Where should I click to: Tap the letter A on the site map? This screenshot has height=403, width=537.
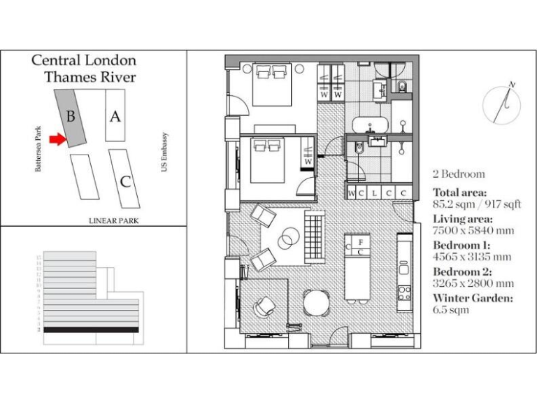(115, 117)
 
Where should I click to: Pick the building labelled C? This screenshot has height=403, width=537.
(125, 181)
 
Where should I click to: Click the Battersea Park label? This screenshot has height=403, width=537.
(39, 149)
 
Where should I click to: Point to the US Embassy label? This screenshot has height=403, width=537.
(165, 154)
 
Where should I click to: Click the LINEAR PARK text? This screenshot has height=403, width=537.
(114, 220)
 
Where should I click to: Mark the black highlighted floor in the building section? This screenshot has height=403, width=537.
(91, 329)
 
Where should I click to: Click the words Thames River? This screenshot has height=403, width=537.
(91, 77)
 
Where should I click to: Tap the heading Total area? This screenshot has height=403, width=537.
(459, 192)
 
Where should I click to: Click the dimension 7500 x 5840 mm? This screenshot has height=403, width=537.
(473, 230)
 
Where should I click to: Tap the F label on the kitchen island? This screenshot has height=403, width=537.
(359, 241)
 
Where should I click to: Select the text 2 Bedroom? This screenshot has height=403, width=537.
(459, 174)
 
